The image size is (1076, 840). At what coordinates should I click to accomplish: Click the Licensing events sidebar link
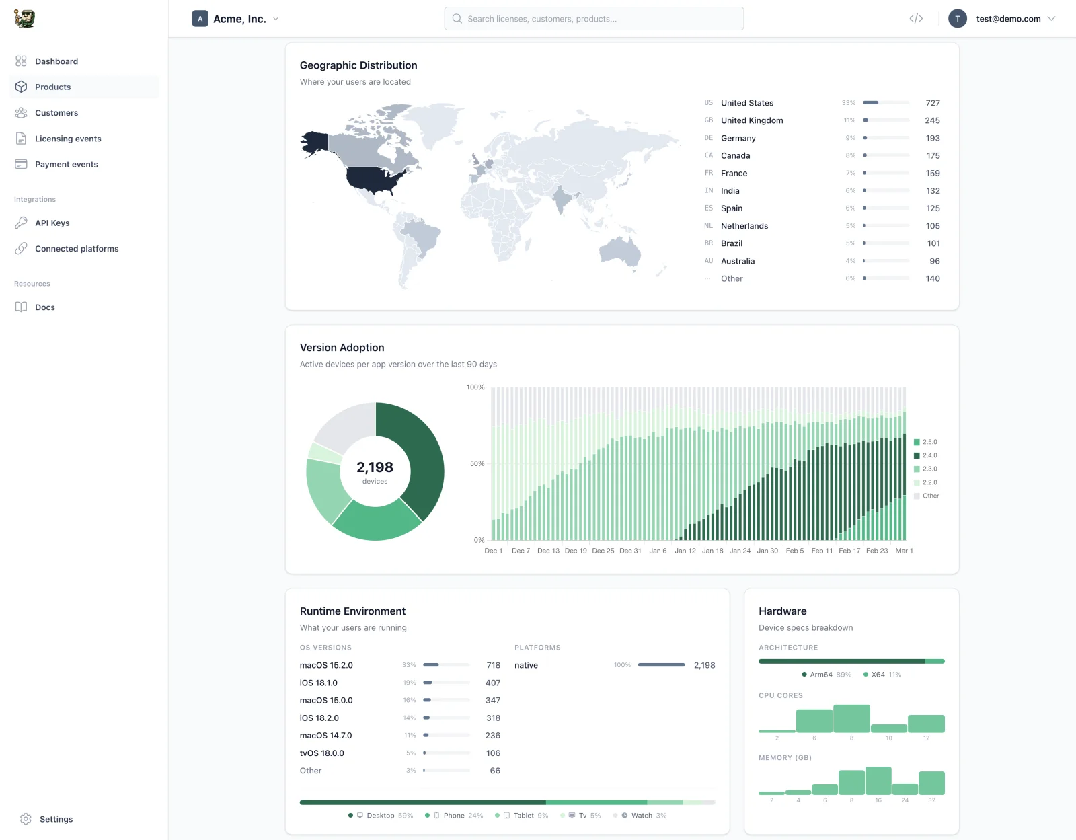click(x=68, y=139)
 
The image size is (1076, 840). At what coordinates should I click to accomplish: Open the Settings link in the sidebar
click(x=56, y=819)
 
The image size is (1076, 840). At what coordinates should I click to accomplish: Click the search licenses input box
click(x=594, y=19)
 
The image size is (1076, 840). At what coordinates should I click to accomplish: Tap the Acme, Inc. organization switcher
click(x=236, y=19)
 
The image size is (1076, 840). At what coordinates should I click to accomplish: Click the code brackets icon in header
click(x=916, y=19)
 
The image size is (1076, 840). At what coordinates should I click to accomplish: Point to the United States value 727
click(x=932, y=103)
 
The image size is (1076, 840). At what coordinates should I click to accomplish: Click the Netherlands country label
click(x=744, y=226)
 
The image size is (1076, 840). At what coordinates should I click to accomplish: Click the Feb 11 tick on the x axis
click(x=822, y=551)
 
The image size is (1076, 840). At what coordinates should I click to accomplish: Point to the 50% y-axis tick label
click(x=477, y=464)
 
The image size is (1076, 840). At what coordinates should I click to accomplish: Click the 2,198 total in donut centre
click(x=375, y=467)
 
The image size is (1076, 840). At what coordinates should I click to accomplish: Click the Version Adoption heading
click(x=342, y=348)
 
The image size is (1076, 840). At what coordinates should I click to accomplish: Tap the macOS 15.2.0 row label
click(x=326, y=665)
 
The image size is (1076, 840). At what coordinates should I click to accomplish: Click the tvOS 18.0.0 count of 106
click(x=493, y=753)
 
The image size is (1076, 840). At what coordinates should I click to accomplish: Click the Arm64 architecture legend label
click(x=820, y=675)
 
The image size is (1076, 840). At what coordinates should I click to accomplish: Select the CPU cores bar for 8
click(x=851, y=719)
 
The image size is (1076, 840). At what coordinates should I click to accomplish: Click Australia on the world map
click(x=620, y=252)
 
